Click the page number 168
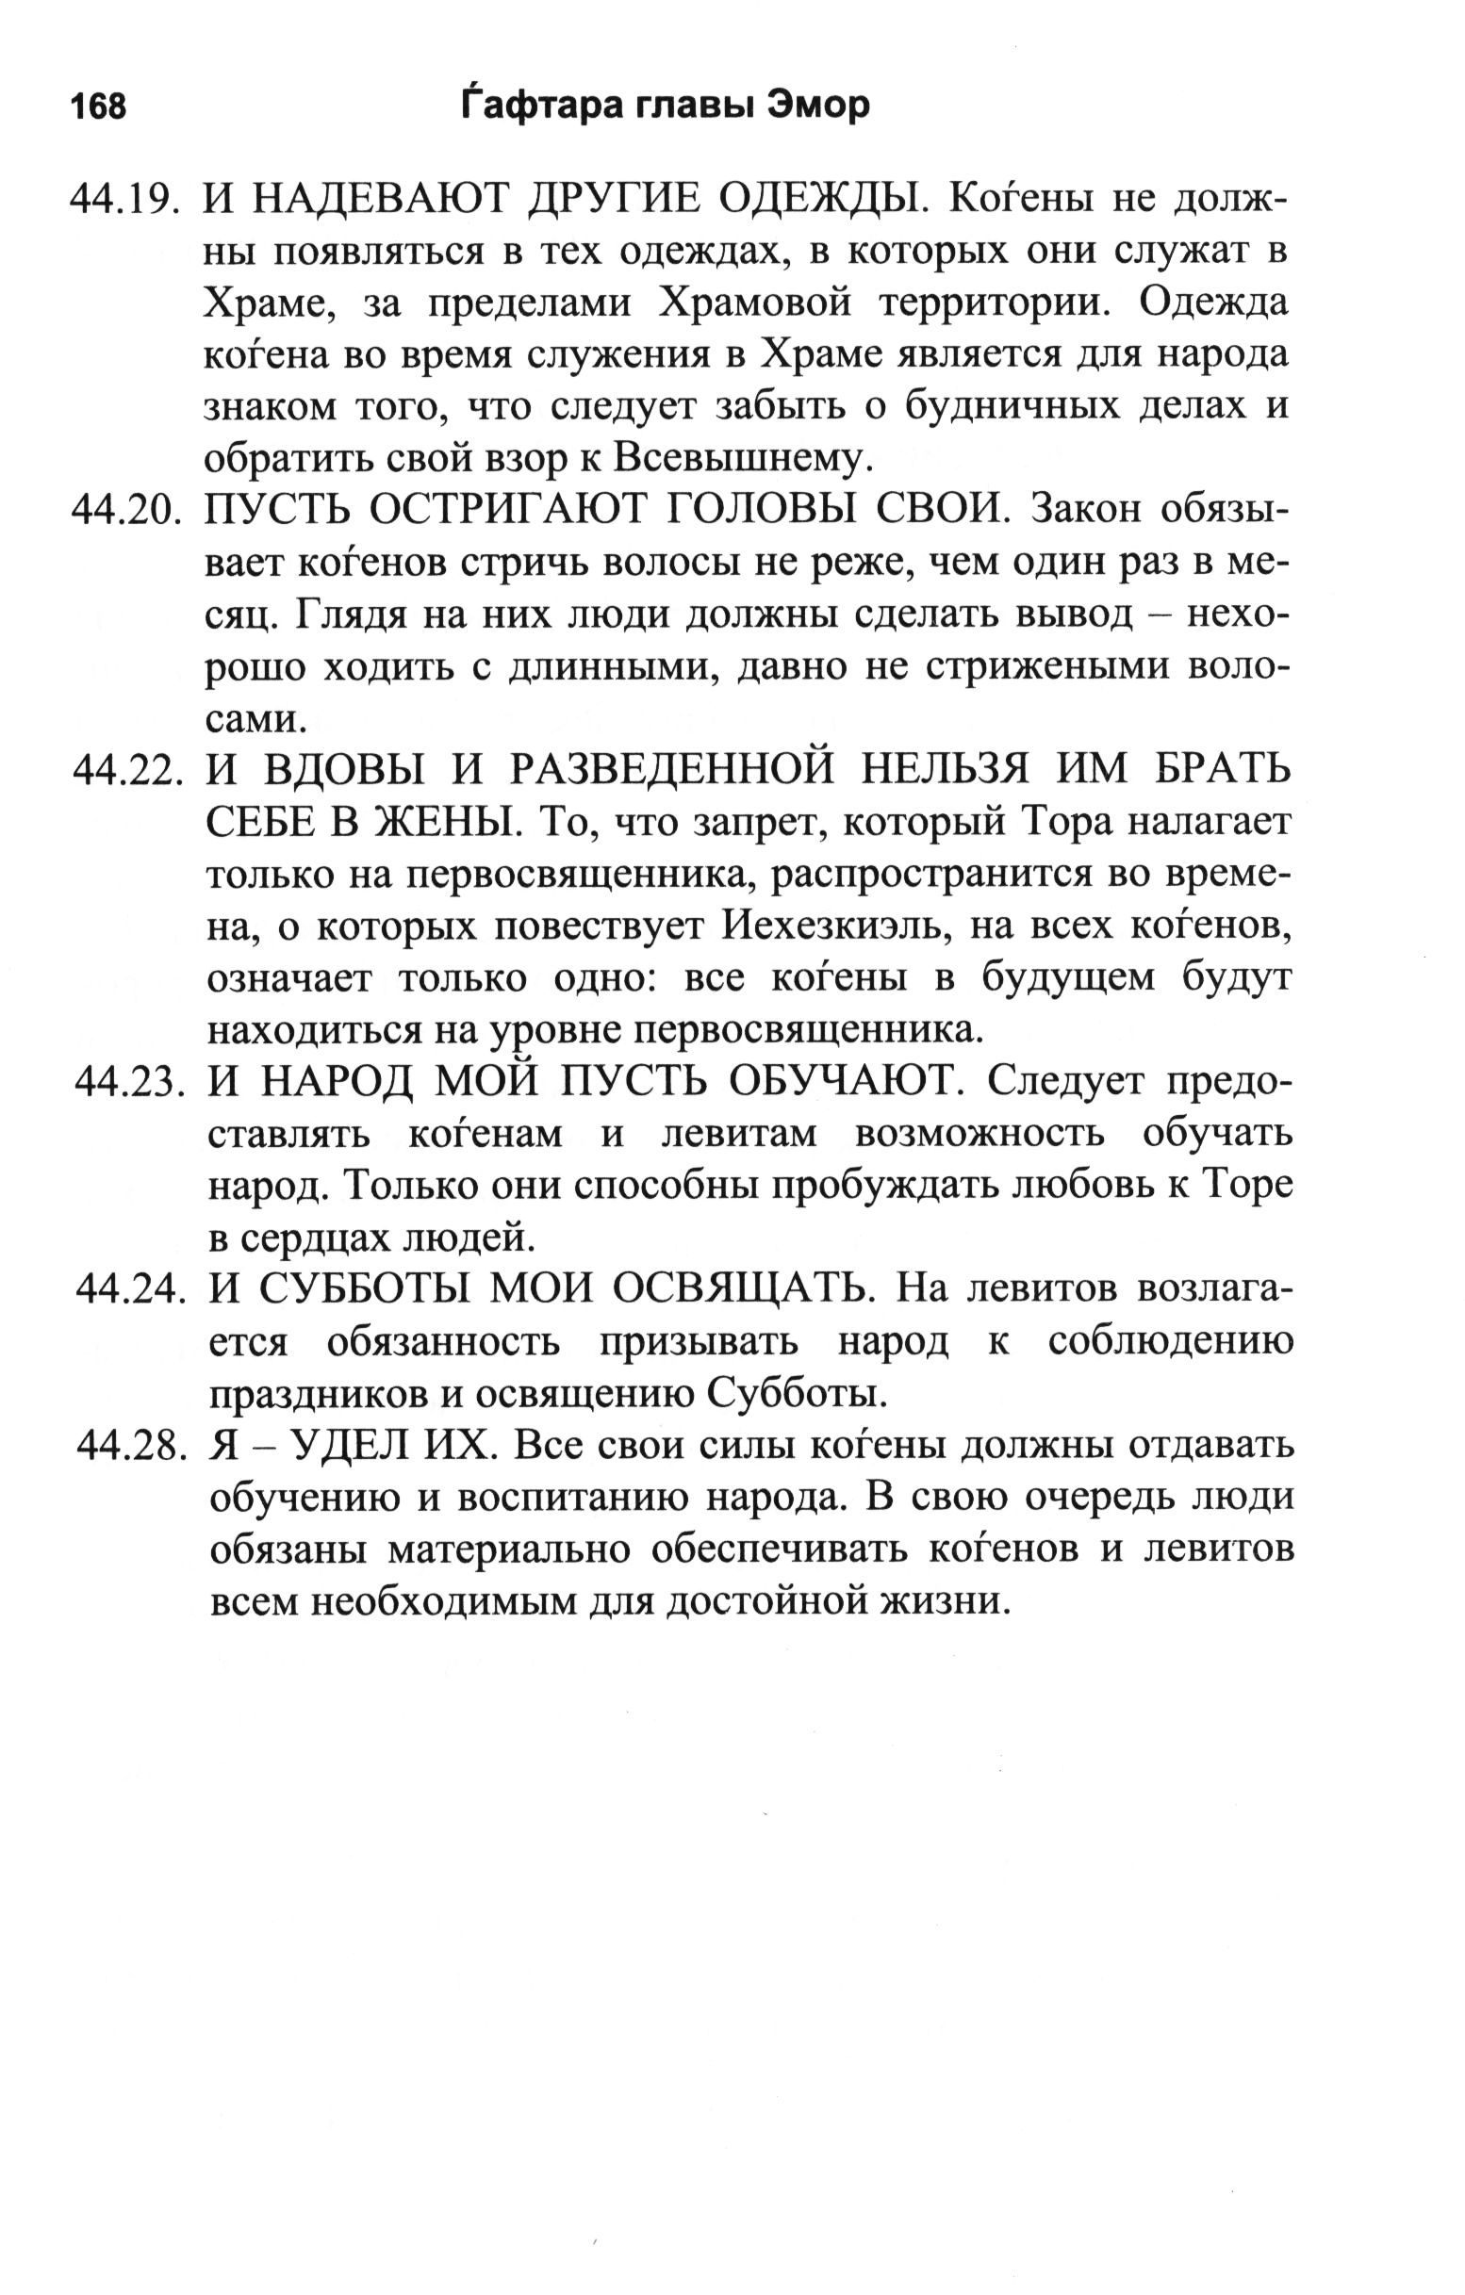click(98, 107)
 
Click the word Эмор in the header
click(816, 106)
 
